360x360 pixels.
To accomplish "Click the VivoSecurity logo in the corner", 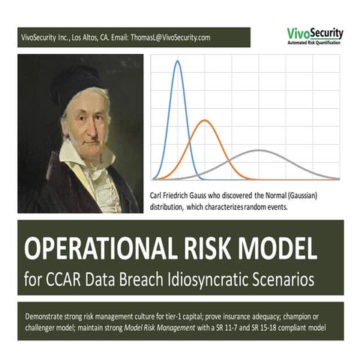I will point(314,35).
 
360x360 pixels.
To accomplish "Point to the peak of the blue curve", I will point(178,62).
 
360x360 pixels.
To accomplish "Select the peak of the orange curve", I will point(203,120).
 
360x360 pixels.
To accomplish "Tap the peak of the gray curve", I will point(258,151).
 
